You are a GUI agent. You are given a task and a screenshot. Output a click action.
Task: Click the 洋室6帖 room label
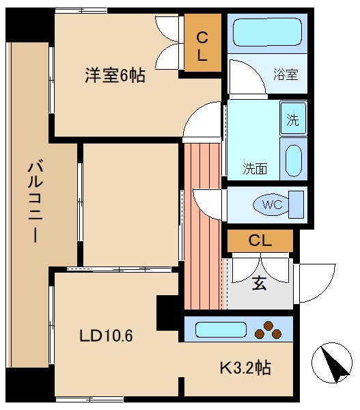115,75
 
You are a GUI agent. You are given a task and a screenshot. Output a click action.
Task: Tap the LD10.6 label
106,336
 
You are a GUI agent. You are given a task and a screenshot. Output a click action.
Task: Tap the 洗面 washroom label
255,168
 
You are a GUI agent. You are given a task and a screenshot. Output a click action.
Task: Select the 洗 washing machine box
293,122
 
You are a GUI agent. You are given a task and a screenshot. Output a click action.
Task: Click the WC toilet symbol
272,204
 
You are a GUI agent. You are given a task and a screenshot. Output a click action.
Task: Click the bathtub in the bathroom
266,31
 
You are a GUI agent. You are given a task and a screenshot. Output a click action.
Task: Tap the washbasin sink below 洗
293,161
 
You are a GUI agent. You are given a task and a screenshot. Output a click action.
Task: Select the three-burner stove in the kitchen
268,329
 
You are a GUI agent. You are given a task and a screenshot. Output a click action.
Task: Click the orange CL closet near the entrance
260,241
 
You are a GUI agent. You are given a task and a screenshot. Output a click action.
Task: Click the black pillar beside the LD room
167,312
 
